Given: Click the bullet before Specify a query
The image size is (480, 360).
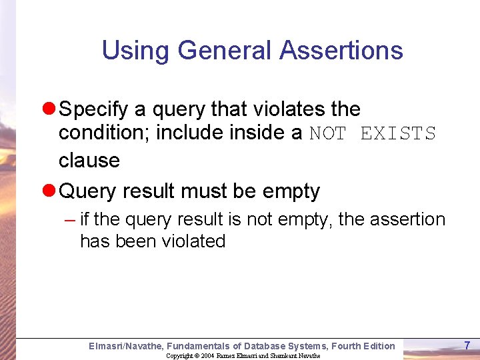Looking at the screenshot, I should click(x=49, y=109).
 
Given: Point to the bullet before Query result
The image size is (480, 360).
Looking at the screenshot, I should click(x=49, y=191).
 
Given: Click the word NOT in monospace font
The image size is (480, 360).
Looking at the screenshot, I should click(x=328, y=134).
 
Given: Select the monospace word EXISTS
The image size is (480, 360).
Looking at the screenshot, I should click(x=398, y=134).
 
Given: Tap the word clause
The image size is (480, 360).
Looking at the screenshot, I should click(x=89, y=160).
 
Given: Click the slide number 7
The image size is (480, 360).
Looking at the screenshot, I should click(x=467, y=345).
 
